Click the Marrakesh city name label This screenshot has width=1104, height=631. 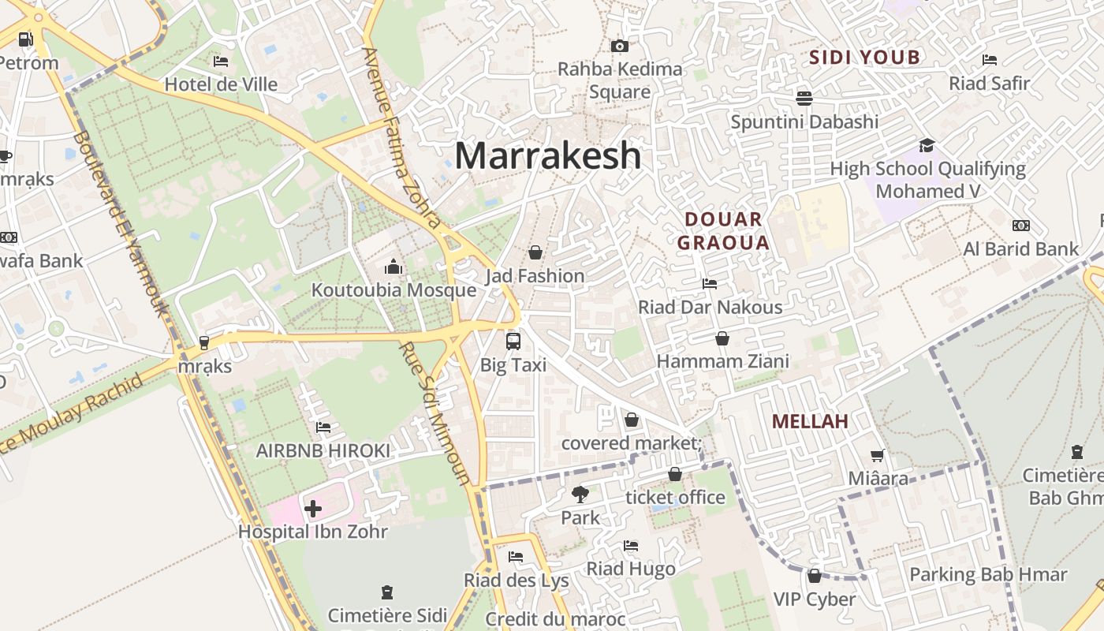click(547, 155)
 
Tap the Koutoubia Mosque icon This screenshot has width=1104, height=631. click(393, 267)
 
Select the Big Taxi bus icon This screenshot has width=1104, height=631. click(513, 342)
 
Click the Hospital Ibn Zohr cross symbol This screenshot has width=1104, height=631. click(313, 509)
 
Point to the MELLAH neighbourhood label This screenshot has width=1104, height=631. click(810, 421)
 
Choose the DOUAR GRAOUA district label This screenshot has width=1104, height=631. click(723, 230)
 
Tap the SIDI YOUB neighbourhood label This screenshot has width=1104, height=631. click(865, 57)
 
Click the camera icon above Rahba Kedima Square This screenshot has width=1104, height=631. click(620, 47)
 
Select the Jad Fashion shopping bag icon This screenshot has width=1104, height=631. click(535, 252)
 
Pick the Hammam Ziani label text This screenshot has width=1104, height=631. click(723, 361)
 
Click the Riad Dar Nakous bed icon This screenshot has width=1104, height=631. click(710, 284)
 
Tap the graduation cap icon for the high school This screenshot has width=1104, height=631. click(927, 146)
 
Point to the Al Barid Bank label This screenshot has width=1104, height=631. click(1020, 249)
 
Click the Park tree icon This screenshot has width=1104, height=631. click(580, 495)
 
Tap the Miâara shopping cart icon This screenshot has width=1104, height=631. click(877, 455)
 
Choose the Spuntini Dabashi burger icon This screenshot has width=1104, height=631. click(804, 99)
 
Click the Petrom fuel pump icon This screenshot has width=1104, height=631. click(26, 39)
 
